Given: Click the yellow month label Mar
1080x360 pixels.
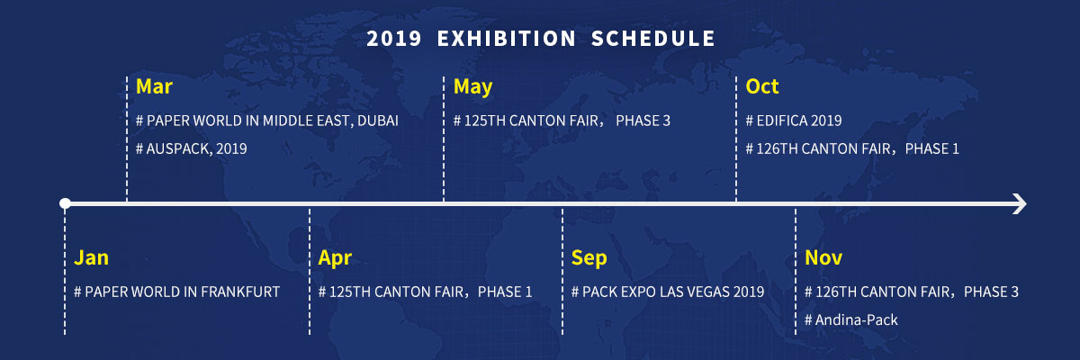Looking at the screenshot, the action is (x=154, y=86).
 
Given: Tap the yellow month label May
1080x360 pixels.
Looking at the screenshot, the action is (x=473, y=87).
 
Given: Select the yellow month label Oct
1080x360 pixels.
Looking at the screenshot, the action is (x=762, y=86).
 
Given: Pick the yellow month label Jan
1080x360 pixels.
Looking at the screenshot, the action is (x=91, y=257).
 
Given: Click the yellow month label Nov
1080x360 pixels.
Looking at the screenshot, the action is (x=823, y=257).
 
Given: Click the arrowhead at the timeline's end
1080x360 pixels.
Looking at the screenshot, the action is (x=1021, y=204).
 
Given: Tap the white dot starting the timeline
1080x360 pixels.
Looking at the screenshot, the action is (x=65, y=203).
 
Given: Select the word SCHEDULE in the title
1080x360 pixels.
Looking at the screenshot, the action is (x=653, y=39).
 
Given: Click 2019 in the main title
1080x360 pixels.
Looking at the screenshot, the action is (x=394, y=39).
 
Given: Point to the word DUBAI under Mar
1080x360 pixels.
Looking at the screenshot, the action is (x=378, y=121).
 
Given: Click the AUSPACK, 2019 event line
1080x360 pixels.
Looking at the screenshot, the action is (x=192, y=148).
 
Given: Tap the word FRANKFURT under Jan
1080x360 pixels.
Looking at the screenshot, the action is (x=240, y=292).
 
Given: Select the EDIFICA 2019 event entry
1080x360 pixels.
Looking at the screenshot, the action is (x=794, y=121).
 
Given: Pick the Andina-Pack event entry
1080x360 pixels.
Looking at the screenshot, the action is (x=851, y=319).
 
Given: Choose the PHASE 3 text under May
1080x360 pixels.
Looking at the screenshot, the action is (x=643, y=121).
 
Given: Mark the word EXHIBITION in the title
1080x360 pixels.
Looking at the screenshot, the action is (x=506, y=39).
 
